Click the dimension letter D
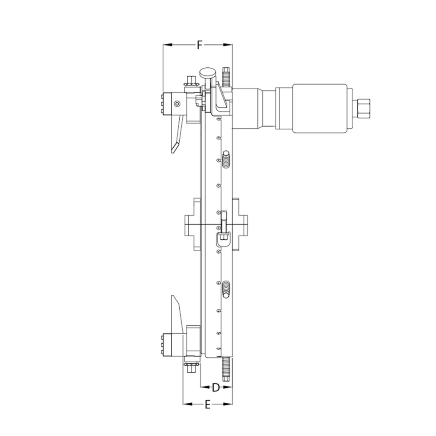pos(216,387)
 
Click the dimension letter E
pos(208,404)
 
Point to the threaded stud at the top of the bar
pos(226,77)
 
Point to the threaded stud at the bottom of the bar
pos(226,367)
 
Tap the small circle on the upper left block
pos(176,103)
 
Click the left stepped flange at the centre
pos(192,224)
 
